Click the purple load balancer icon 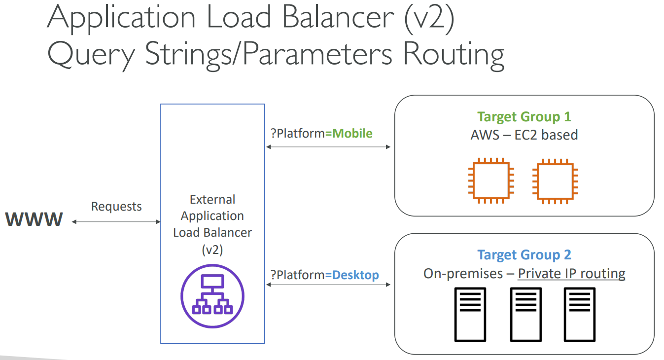[212, 296]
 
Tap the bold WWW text [35, 219]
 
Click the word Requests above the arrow [116, 206]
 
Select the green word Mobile [352, 133]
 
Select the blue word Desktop [355, 275]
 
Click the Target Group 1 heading [524, 117]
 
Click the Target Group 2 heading [524, 255]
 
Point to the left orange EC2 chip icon [491, 181]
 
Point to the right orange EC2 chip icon [556, 181]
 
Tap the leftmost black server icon [470, 315]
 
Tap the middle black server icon [525, 315]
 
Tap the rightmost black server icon [580, 315]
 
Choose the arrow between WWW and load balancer [116, 222]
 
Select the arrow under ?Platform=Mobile [328, 147]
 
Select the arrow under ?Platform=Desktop [328, 285]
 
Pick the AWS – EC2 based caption [524, 135]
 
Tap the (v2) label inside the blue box [212, 250]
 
